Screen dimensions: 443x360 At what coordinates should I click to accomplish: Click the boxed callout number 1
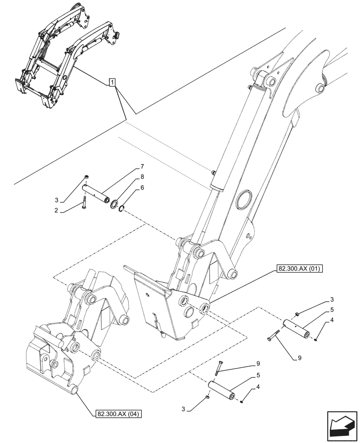tap(113, 82)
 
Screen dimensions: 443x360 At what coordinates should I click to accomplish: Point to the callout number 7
tap(142, 167)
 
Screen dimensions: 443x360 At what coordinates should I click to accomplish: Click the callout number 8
tap(142, 176)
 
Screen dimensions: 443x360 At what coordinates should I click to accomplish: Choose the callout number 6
tap(142, 187)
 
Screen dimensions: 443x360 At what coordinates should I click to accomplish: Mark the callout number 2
tap(57, 211)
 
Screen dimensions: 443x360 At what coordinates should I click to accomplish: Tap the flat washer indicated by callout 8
tap(114, 204)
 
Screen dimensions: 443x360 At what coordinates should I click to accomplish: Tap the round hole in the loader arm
tap(243, 200)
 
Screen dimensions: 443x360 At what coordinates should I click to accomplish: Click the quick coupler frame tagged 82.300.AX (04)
tap(62, 350)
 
